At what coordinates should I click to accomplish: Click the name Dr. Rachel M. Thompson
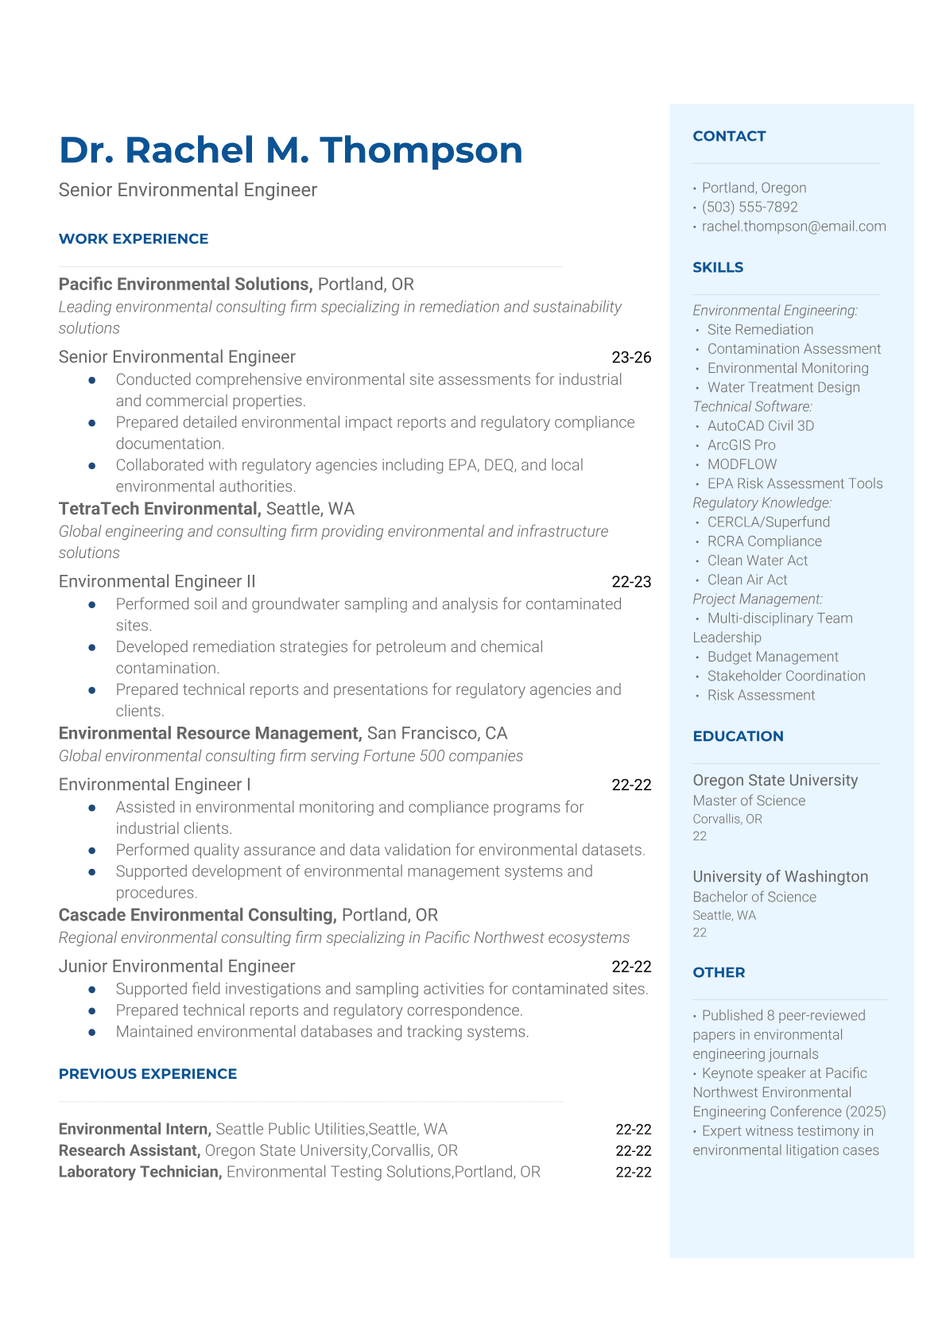[x=291, y=150]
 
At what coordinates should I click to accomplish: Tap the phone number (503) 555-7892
[x=750, y=207]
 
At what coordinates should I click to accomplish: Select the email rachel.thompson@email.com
[x=793, y=227]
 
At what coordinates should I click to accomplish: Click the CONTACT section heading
[x=729, y=137]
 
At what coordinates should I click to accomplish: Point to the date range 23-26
[x=631, y=358]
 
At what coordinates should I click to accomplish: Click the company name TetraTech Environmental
[x=159, y=509]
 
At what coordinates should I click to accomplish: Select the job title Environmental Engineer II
[x=157, y=582]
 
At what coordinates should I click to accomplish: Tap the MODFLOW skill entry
[x=742, y=464]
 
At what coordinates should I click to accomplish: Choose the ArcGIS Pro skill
[x=741, y=445]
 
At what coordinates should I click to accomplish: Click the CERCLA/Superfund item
[x=768, y=522]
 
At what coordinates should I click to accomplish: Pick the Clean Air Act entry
[x=747, y=580]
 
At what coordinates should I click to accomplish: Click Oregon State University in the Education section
[x=775, y=781]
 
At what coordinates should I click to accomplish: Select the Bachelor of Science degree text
[x=754, y=898]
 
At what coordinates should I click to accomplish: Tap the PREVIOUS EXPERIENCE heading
[x=148, y=1074]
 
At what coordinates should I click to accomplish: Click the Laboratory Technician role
[x=140, y=1172]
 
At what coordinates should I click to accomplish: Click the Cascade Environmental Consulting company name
[x=197, y=915]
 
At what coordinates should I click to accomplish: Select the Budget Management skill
[x=773, y=657]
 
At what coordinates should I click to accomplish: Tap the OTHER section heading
[x=719, y=972]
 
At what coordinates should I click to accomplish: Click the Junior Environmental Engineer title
[x=176, y=967]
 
